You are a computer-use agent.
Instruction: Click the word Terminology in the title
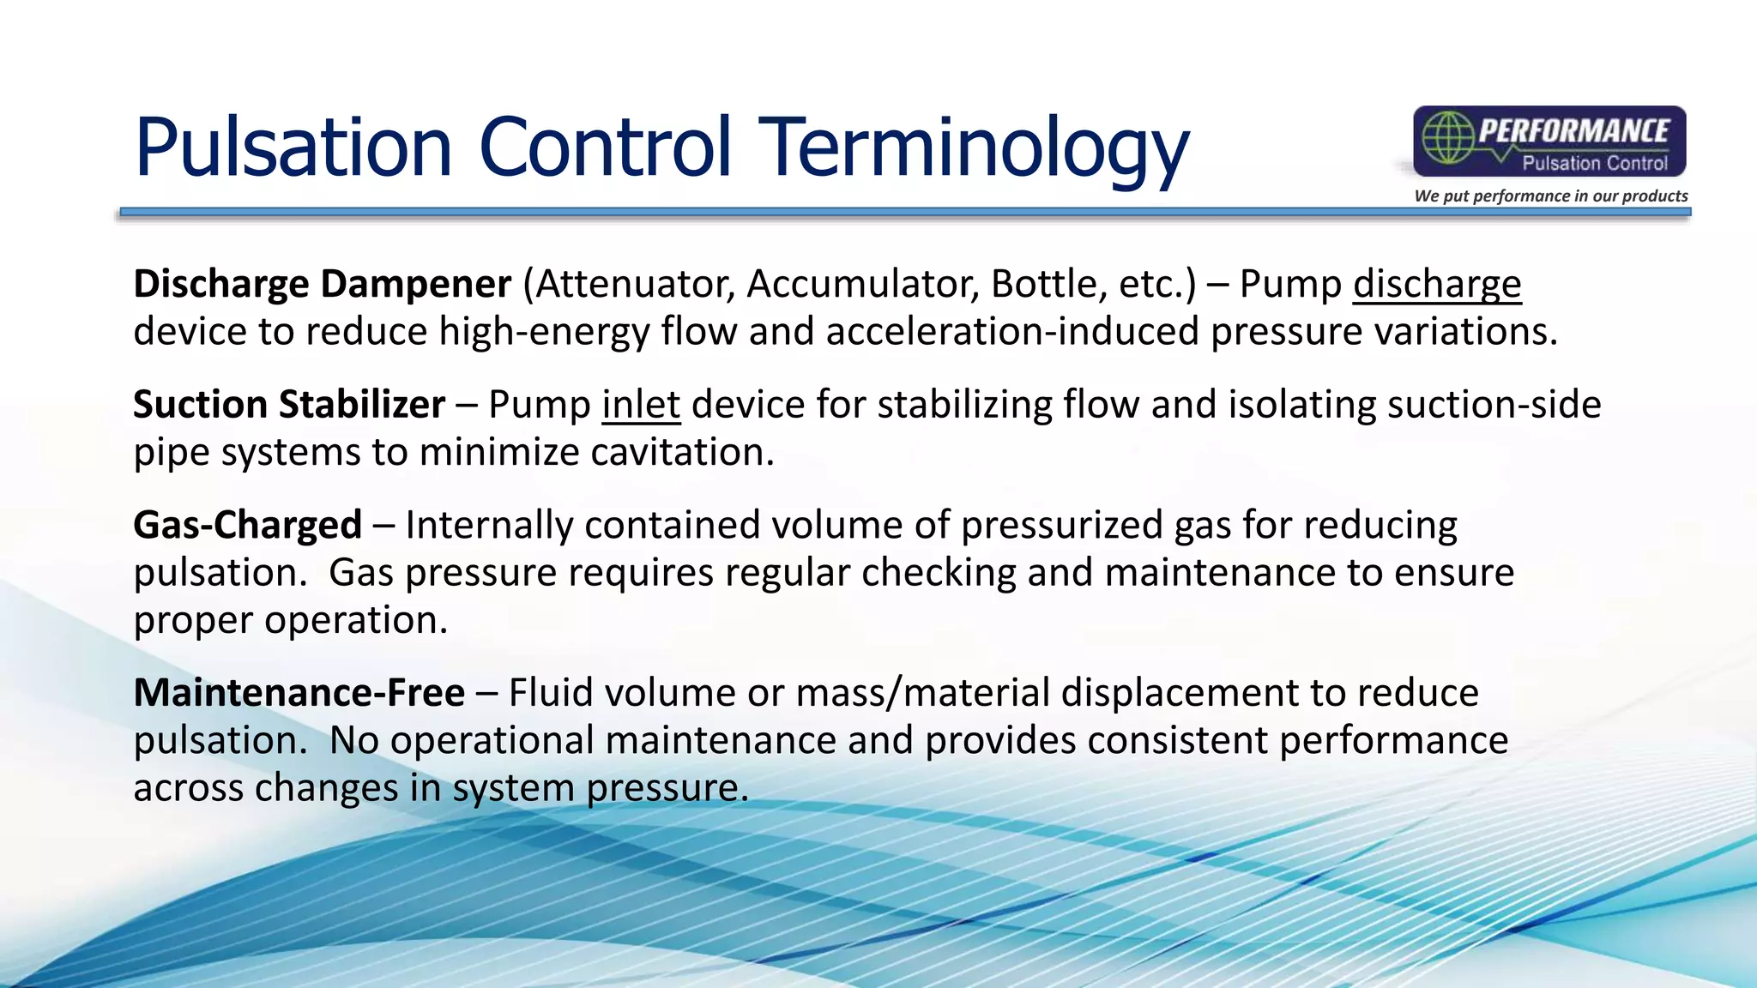pos(974,148)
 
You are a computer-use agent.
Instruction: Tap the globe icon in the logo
pos(1447,138)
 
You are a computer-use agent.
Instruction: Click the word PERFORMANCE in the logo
pos(1574,131)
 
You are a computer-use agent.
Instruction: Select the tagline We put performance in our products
pos(1551,196)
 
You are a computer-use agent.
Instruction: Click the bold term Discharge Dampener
pos(322,284)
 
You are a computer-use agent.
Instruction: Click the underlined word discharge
pos(1437,284)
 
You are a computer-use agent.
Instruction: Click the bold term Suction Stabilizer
pos(289,404)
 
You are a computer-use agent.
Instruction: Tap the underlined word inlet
pos(641,404)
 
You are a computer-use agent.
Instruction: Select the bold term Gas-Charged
pos(248,525)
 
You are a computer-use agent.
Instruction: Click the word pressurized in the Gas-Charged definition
pos(1061,525)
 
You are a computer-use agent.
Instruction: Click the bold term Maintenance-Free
pos(299,692)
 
